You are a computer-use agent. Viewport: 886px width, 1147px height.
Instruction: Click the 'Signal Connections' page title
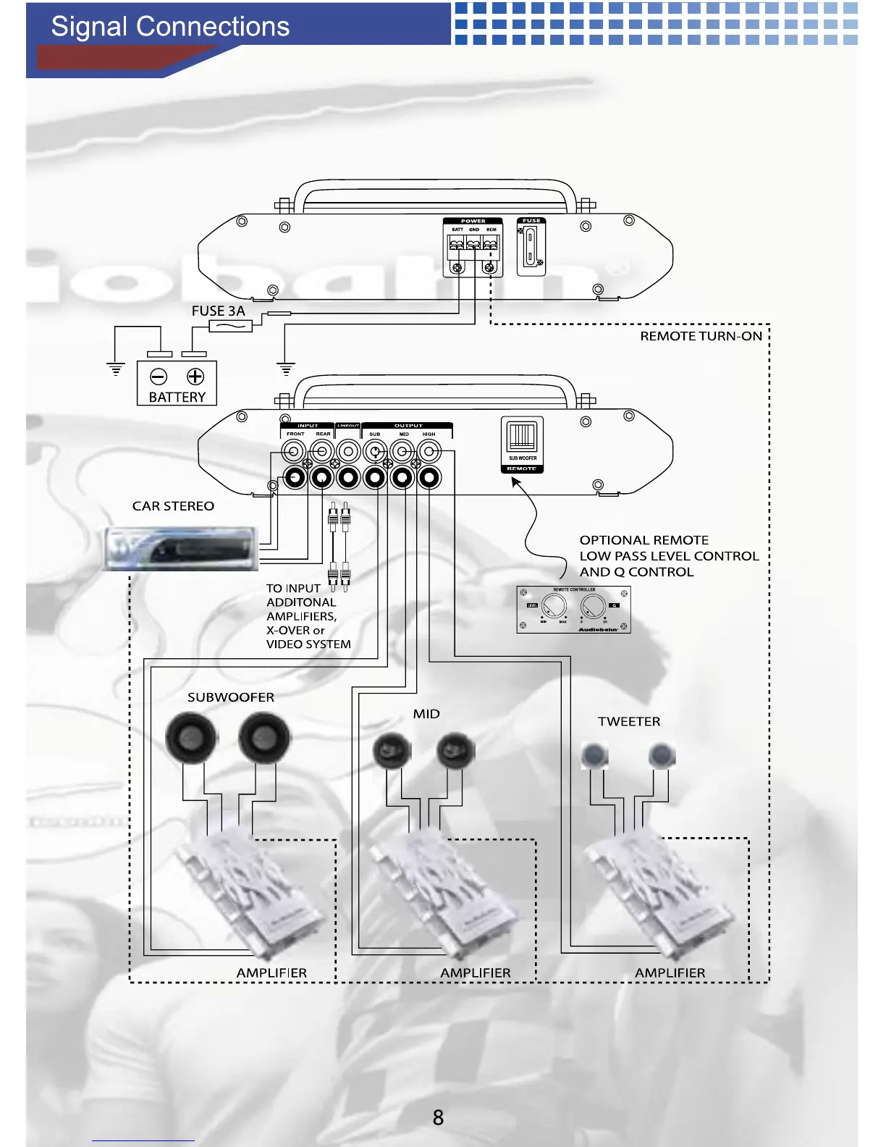pyautogui.click(x=170, y=27)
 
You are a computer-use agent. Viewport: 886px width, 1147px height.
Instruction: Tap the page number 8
pyautogui.click(x=438, y=1117)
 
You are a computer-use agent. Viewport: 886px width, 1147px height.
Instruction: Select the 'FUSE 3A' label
pyautogui.click(x=218, y=311)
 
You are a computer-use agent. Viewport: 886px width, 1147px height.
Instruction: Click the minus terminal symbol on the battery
pyautogui.click(x=158, y=377)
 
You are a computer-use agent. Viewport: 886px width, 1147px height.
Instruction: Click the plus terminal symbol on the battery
pyautogui.click(x=195, y=377)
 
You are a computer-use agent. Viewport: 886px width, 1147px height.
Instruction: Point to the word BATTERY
pyautogui.click(x=177, y=397)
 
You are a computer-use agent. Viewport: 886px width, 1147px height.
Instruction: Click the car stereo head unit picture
pyautogui.click(x=180, y=548)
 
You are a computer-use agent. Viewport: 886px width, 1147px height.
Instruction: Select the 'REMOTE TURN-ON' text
pyautogui.click(x=701, y=336)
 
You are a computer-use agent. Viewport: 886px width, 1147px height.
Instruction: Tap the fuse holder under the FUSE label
pyautogui.click(x=531, y=247)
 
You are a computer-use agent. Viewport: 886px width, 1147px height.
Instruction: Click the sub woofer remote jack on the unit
pyautogui.click(x=522, y=437)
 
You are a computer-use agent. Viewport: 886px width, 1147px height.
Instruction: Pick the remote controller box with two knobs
pyautogui.click(x=573, y=610)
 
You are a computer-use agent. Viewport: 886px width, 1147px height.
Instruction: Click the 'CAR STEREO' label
pyautogui.click(x=173, y=506)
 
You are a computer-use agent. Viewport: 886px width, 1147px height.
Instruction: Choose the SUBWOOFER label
pyautogui.click(x=231, y=697)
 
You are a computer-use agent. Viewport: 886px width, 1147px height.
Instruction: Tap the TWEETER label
pyautogui.click(x=629, y=721)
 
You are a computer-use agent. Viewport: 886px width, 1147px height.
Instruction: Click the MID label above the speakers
pyautogui.click(x=426, y=714)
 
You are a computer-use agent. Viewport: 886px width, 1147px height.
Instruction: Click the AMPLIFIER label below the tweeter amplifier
pyautogui.click(x=670, y=972)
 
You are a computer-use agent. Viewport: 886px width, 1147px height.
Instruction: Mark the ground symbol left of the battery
pyautogui.click(x=116, y=369)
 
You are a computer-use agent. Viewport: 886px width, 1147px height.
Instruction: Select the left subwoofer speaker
pyautogui.click(x=192, y=738)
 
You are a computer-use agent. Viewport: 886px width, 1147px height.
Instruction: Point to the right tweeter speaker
pyautogui.click(x=662, y=756)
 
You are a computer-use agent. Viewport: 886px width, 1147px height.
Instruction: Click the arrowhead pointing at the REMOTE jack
pyautogui.click(x=515, y=482)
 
